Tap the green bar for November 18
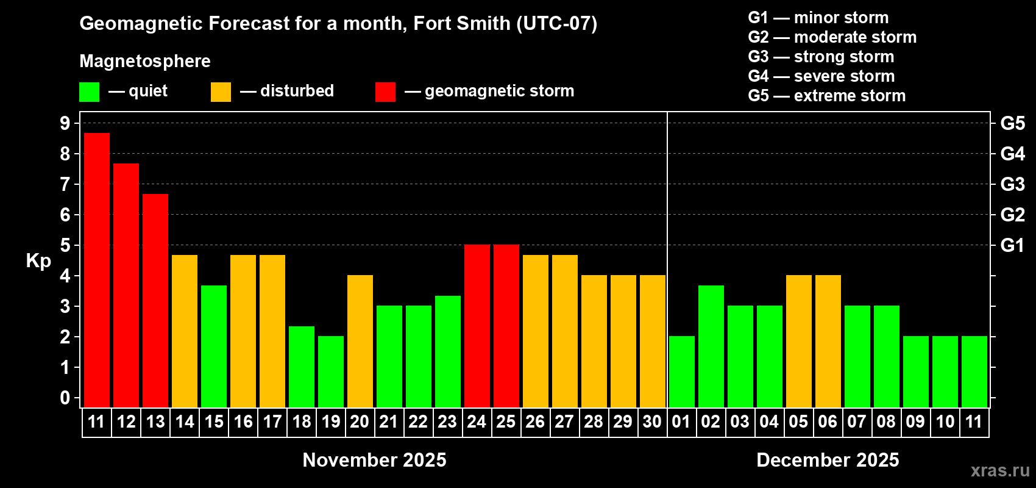[x=302, y=367]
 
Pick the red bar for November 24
[x=477, y=326]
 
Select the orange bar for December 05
[x=799, y=341]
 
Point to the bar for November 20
[x=360, y=341]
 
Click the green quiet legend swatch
[x=89, y=92]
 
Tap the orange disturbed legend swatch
[x=221, y=92]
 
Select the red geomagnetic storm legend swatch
[x=385, y=92]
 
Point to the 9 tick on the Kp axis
[x=65, y=123]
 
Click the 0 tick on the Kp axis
[x=65, y=398]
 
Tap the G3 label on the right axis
[x=1012, y=184]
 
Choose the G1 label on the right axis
[x=1012, y=245]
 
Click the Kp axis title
[x=38, y=261]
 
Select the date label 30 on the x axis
[x=652, y=422]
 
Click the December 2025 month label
[x=828, y=460]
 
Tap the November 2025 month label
[x=374, y=460]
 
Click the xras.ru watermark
[x=1000, y=470]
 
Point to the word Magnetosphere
[x=145, y=61]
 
